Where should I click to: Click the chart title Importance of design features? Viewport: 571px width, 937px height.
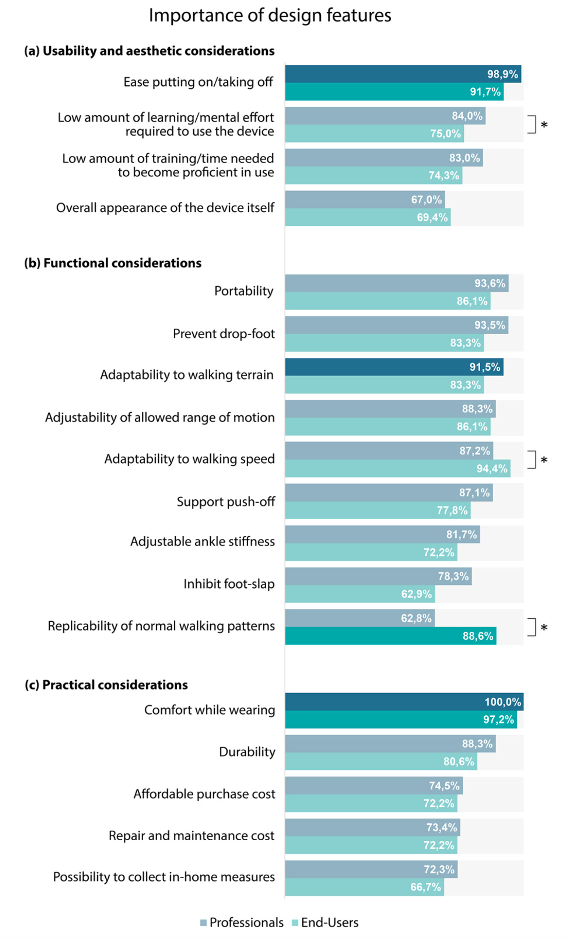click(x=270, y=15)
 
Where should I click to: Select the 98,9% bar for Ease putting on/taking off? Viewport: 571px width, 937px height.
click(x=403, y=74)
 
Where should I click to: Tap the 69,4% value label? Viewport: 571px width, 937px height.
click(x=432, y=218)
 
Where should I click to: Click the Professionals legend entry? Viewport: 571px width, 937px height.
click(x=242, y=922)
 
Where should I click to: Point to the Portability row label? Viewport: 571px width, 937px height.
click(x=244, y=291)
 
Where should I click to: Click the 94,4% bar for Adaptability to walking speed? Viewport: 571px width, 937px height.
click(x=397, y=468)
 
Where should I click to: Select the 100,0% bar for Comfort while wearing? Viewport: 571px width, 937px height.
click(x=404, y=701)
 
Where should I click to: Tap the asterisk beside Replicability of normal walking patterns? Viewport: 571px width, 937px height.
click(x=544, y=628)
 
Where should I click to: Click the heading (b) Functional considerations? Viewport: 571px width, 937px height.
click(x=113, y=263)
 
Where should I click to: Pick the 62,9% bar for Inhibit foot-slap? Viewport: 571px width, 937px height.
click(x=360, y=593)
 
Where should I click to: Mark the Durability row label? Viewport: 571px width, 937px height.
click(x=247, y=752)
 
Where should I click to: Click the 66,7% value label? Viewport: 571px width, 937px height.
click(x=425, y=887)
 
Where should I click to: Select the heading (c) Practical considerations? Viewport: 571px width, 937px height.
click(x=106, y=684)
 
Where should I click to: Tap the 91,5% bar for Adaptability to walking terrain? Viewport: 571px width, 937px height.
click(x=394, y=367)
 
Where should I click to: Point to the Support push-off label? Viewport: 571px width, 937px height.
click(x=226, y=502)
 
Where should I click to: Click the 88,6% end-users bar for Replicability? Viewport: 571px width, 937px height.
click(x=390, y=636)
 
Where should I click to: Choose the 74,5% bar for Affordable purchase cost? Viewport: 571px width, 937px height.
click(x=374, y=786)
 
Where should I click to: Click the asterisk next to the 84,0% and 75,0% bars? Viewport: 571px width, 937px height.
click(x=544, y=125)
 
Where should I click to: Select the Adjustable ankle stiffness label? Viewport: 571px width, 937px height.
click(x=202, y=541)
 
